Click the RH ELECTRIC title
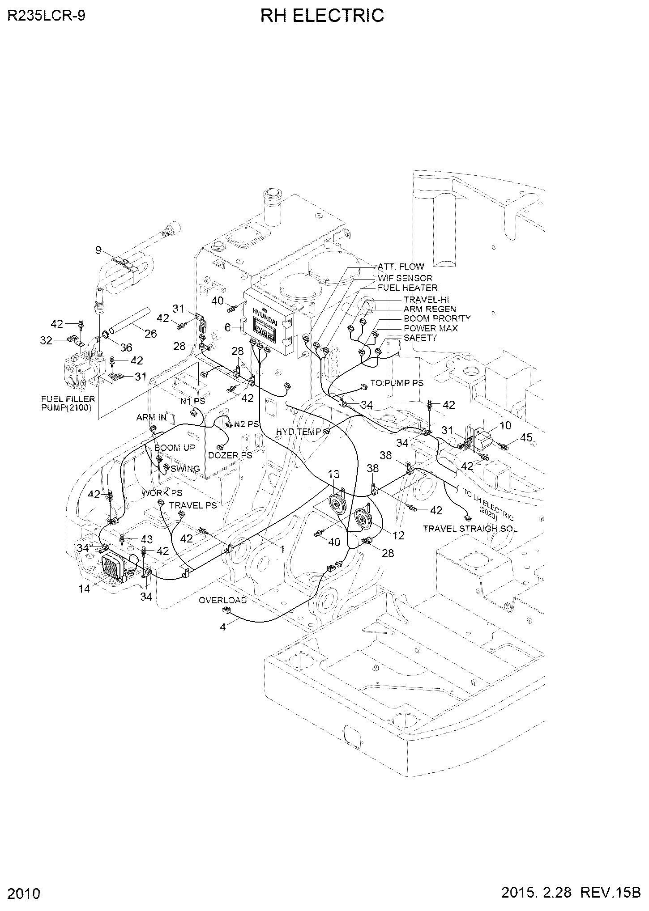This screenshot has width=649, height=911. coord(322,16)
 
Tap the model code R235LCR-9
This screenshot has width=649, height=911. coord(46,16)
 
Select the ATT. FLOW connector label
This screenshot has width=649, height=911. coord(401,267)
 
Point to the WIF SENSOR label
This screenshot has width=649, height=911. coord(405,278)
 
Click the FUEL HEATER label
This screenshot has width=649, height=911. coord(407,288)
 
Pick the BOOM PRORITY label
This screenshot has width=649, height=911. coord(437,318)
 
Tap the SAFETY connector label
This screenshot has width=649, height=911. coord(420,338)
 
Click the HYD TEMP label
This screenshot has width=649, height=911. coord(299,432)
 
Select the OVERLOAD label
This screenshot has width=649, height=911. coord(222,600)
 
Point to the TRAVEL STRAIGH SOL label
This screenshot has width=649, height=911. coord(470,529)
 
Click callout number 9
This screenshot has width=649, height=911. coord(98,250)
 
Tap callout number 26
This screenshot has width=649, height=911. coord(151,334)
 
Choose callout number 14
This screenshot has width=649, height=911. coord(84,589)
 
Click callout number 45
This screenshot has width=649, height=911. coord(526,437)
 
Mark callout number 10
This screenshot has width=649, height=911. coord(505,425)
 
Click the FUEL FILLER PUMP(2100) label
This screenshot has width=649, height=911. coord(68,403)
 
